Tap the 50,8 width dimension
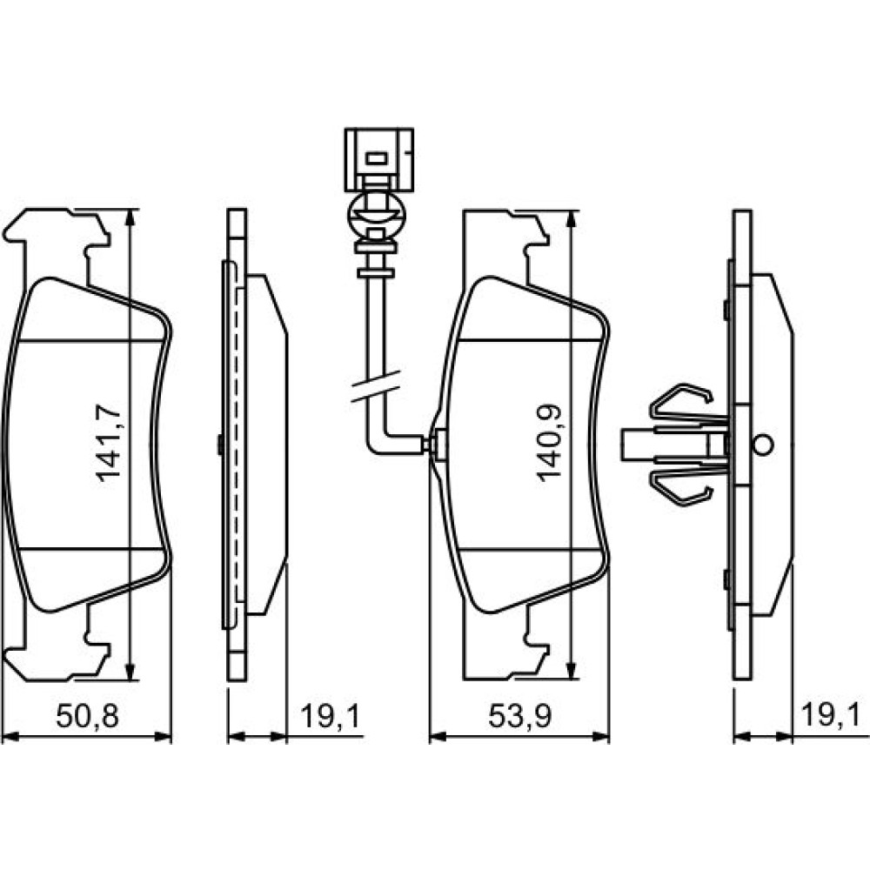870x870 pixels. coord(88,716)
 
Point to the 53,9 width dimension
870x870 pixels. coord(519,716)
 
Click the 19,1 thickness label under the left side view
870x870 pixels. coord(331,716)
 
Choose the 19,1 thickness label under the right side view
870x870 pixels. coord(831,716)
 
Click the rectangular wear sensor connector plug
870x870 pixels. coord(379,160)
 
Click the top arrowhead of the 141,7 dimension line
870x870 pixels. coord(130,217)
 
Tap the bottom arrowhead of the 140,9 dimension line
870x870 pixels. coord(572,671)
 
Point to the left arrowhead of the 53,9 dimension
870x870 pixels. coord(438,737)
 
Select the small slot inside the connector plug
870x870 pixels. coord(377,158)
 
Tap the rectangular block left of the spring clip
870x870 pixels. coord(638,445)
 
